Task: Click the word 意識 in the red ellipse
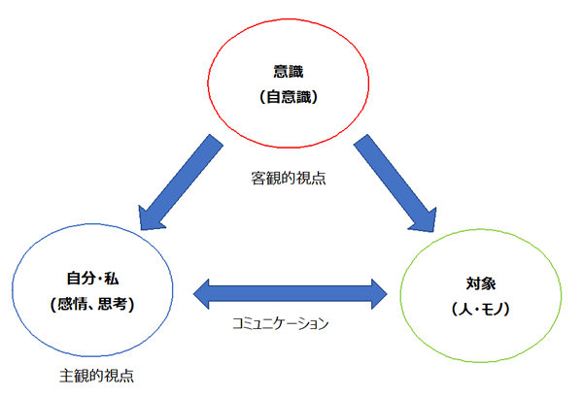[289, 71]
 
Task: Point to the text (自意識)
[289, 97]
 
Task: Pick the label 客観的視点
[288, 179]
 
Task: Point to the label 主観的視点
[95, 375]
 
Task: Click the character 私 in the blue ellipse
[122, 279]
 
